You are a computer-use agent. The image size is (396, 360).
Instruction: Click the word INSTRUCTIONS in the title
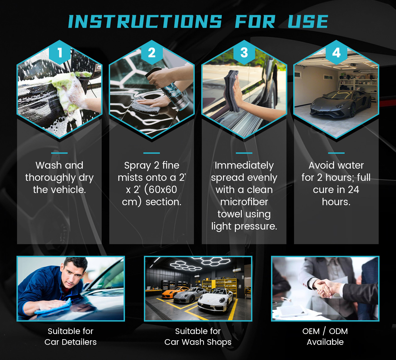(x=145, y=22)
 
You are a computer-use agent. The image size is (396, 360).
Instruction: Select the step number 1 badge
(x=60, y=53)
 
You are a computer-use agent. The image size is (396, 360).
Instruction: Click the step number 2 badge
(x=152, y=53)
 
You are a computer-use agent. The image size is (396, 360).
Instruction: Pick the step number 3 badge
(x=244, y=53)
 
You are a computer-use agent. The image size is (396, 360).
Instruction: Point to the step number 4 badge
(x=336, y=53)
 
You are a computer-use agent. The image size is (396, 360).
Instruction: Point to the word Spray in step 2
(x=138, y=166)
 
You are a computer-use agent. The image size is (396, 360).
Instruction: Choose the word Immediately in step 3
(x=244, y=166)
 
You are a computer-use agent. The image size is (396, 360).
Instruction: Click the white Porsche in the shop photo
(x=215, y=300)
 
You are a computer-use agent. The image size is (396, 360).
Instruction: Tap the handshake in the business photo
(x=326, y=289)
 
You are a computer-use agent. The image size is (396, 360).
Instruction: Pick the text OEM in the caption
(x=311, y=331)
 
